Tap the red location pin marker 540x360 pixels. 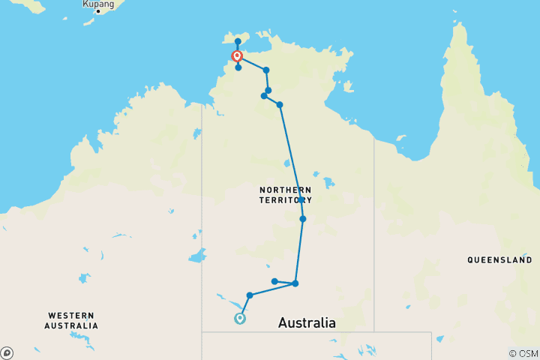(237, 56)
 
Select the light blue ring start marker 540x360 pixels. (240, 318)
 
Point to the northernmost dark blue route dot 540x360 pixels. (238, 41)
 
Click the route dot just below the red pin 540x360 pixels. (238, 67)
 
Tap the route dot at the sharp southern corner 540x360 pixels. (295, 283)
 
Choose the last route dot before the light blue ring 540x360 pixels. (250, 295)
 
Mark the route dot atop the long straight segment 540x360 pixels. (280, 104)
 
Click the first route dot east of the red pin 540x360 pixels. (266, 70)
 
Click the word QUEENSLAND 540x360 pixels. (499, 260)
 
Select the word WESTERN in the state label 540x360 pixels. (71, 316)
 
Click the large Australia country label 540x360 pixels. (307, 323)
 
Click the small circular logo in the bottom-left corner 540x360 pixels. (7, 352)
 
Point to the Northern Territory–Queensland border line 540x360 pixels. (374, 225)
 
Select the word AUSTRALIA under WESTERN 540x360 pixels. (71, 325)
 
